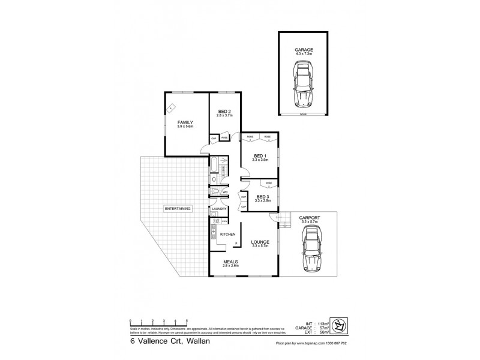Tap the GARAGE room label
[304, 50]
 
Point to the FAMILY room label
[185, 122]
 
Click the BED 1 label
[260, 156]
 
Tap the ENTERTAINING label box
[177, 209]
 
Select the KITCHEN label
[227, 234]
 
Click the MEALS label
[231, 262]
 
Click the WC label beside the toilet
[224, 193]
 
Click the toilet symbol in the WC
[215, 192]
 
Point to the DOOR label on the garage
[303, 113]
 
